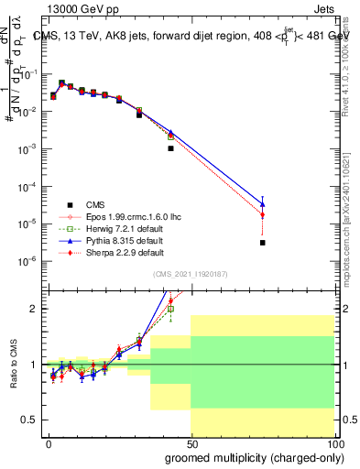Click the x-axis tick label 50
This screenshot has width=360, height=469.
click(x=191, y=443)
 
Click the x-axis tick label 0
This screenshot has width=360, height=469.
click(x=49, y=443)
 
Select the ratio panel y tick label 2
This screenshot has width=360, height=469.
click(x=35, y=309)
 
